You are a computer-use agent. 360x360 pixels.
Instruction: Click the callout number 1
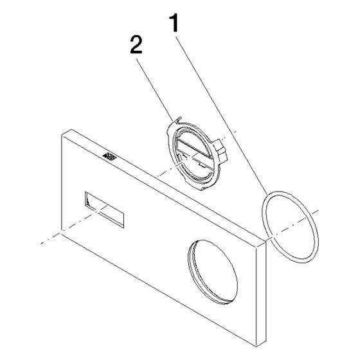174,22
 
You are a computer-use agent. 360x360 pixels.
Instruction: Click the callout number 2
136,45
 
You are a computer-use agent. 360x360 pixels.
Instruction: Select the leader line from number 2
155,90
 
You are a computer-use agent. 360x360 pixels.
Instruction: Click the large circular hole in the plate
213,272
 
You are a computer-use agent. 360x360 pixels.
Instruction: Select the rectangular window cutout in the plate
104,210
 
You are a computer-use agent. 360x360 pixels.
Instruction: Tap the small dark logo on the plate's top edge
109,156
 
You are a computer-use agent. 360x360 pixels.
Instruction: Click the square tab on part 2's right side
221,150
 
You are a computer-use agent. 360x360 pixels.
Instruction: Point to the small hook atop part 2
178,120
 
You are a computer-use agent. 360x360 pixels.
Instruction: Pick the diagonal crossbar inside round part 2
194,148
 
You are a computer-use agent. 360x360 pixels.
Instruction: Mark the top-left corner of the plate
62,136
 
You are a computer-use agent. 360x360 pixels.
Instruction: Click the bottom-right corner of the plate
256,346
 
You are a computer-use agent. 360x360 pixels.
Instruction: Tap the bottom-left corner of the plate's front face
62,234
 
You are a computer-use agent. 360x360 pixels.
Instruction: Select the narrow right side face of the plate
261,292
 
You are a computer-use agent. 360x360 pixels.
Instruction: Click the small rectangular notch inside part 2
201,165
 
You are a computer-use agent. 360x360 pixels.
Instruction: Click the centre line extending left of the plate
51,239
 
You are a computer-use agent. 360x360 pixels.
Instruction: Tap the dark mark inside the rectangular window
87,202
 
